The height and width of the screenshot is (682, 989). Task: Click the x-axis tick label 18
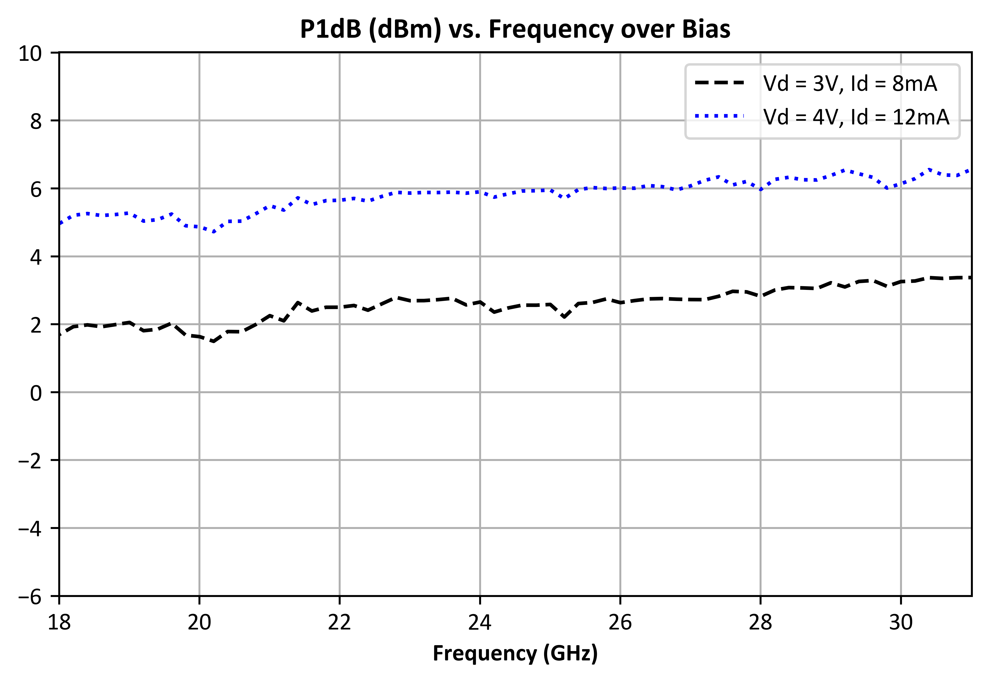click(59, 622)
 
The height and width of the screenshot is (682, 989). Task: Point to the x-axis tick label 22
click(340, 622)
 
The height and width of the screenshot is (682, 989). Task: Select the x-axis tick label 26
click(620, 622)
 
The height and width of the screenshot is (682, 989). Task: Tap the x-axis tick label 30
click(901, 622)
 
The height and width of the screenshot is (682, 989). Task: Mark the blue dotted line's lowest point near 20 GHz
click(213, 232)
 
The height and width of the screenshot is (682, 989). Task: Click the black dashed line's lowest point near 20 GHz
click(213, 341)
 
